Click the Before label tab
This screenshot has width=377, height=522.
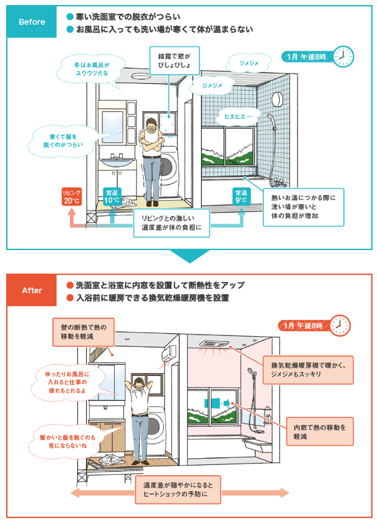pyautogui.click(x=32, y=22)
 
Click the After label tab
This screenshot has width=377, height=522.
pyautogui.click(x=32, y=290)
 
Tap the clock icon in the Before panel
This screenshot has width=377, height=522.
pyautogui.click(x=343, y=56)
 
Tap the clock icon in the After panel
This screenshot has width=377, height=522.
pyautogui.click(x=340, y=325)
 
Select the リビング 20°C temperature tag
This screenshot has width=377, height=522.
pyautogui.click(x=72, y=197)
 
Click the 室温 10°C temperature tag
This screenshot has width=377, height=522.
pyautogui.click(x=112, y=197)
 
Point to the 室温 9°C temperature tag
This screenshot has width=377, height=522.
pyautogui.click(x=242, y=196)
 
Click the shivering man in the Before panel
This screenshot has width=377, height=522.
pyautogui.click(x=152, y=159)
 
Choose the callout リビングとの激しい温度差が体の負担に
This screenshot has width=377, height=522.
pyautogui.click(x=171, y=222)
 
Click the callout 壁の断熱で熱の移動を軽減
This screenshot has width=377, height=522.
pyautogui.click(x=83, y=330)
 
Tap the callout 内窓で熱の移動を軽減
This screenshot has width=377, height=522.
pyautogui.click(x=319, y=431)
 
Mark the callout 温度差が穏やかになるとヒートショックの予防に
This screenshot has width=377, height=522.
pyautogui.click(x=178, y=488)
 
